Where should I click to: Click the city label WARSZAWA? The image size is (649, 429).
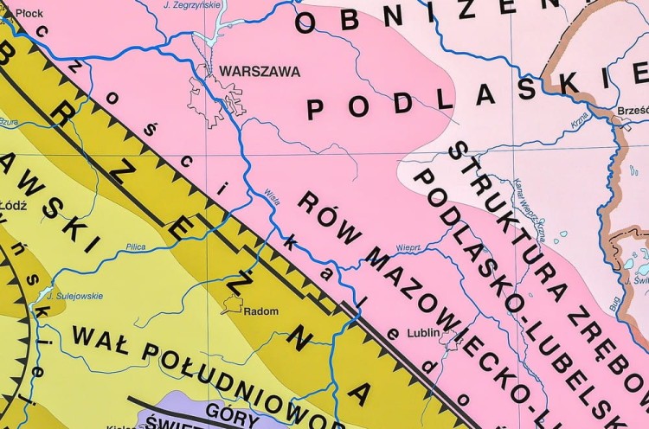click(260, 72)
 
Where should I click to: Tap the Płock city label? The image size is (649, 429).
click(29, 13)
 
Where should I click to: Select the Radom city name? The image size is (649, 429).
click(260, 311)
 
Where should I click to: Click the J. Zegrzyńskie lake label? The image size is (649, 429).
click(192, 5)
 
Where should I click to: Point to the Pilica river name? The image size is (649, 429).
click(135, 247)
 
